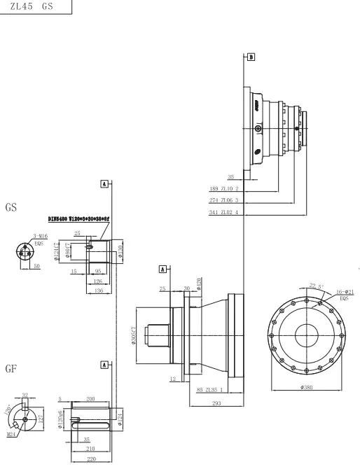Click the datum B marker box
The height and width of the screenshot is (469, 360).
[x=251, y=55]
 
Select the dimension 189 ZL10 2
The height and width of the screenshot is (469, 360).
[x=224, y=188]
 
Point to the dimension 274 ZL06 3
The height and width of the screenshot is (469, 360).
[x=224, y=200]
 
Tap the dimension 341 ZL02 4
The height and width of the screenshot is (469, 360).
[x=224, y=212]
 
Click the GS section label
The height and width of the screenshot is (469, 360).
[x=12, y=209]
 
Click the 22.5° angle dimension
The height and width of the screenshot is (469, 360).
[x=317, y=286]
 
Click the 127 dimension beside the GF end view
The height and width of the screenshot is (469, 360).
[x=41, y=419]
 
